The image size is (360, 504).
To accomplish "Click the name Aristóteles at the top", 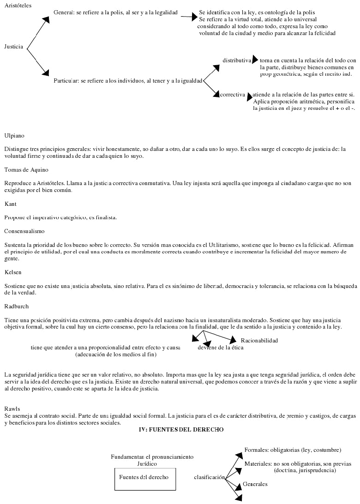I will (x=17, y=4).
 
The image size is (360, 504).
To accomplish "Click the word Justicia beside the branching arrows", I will (x=14, y=47).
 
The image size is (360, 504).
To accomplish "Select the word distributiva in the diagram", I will (x=237, y=60).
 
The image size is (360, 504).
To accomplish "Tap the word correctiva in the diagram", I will (x=233, y=95).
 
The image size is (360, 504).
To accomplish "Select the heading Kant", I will (x=11, y=204).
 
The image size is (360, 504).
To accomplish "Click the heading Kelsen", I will (x=13, y=272).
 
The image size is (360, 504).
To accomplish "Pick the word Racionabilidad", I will (x=259, y=341).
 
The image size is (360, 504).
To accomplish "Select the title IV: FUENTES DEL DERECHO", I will (x=181, y=430).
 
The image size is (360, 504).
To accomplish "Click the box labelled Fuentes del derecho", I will (x=144, y=477).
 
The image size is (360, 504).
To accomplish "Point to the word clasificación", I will (x=209, y=477).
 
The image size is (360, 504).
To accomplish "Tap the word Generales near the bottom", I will (x=255, y=484).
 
